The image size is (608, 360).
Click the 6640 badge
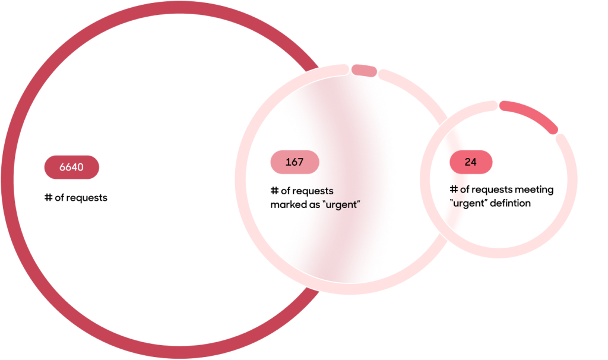tap(72, 167)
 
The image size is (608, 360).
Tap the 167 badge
tap(294, 162)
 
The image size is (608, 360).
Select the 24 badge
tap(471, 162)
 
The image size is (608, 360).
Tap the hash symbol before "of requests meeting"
tap(454, 190)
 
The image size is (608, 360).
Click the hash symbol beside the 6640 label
tap(49, 197)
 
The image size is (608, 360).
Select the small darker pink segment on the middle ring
tap(364, 71)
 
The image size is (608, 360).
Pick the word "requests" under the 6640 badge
tap(86, 198)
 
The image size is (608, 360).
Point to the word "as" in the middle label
tap(315, 205)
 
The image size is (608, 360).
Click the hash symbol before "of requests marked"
tap(274, 191)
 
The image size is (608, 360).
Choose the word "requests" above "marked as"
tap(312, 191)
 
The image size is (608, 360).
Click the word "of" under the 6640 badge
tap(59, 197)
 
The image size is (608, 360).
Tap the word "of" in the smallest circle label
tap(464, 190)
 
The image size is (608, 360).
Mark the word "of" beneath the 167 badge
tap(286, 191)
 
